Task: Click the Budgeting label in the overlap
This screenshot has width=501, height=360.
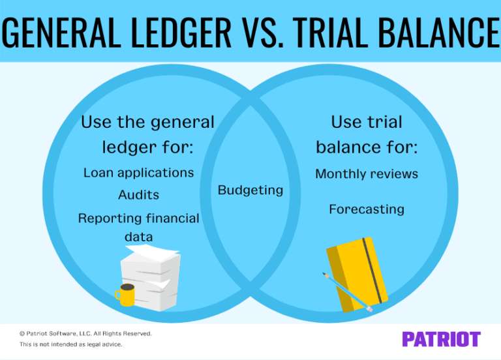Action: tap(250, 190)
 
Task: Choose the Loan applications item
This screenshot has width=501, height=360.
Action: tap(138, 173)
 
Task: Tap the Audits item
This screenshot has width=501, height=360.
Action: tap(138, 195)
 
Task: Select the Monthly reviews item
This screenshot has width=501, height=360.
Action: tap(367, 174)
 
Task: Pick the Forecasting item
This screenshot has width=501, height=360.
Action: tap(367, 209)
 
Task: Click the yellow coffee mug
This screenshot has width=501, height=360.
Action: tap(126, 295)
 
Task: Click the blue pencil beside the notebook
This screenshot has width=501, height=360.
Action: tap(346, 291)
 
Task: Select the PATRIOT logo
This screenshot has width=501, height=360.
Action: tap(441, 338)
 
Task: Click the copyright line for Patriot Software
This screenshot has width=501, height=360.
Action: tap(85, 333)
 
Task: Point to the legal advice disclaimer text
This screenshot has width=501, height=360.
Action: tap(70, 344)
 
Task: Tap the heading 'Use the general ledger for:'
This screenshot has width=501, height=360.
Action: tap(147, 134)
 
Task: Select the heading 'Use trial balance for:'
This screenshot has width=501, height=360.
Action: tap(367, 134)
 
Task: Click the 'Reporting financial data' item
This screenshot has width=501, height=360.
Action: tap(138, 226)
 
